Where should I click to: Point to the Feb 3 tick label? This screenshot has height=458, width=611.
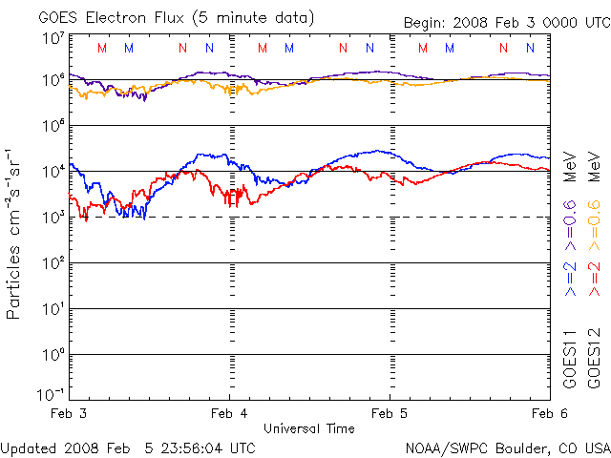tap(68, 414)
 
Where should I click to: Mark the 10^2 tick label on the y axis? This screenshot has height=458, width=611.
tap(52, 262)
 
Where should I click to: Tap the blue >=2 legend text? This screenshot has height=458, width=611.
tap(569, 284)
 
